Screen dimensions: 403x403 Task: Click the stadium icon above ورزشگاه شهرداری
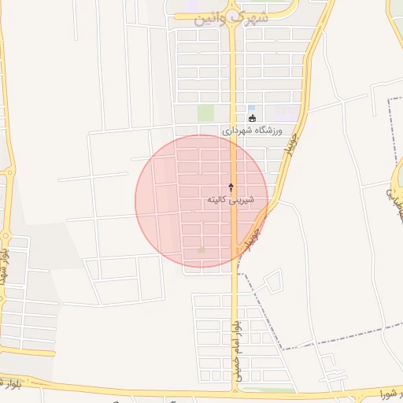tap(252, 119)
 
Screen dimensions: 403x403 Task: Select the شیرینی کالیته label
tap(229, 200)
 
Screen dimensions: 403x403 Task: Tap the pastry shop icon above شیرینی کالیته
tap(231, 187)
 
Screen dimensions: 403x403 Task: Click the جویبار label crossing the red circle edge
tap(252, 236)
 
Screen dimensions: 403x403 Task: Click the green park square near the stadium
tap(205, 113)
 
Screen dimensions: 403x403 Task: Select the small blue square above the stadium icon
tap(251, 109)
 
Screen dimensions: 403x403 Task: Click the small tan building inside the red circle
tap(201, 250)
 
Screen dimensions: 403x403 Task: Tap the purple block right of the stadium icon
tap(287, 114)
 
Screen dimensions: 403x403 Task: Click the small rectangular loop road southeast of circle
tap(272, 281)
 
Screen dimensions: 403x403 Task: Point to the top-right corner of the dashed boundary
tap(392, 98)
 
